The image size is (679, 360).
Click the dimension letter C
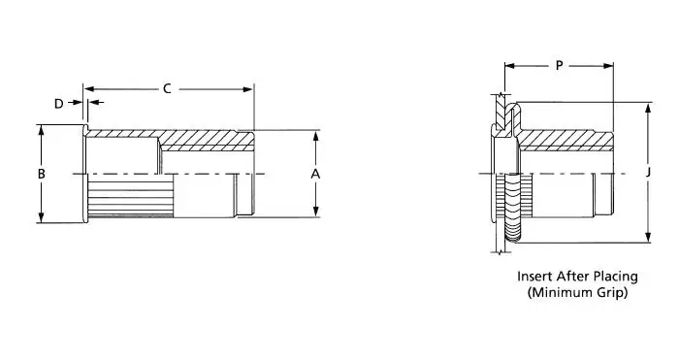pyautogui.click(x=167, y=89)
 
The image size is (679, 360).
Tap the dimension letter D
pyautogui.click(x=58, y=103)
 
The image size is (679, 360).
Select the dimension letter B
pyautogui.click(x=41, y=174)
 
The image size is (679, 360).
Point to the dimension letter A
pyautogui.click(x=315, y=174)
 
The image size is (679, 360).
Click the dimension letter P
pyautogui.click(x=559, y=66)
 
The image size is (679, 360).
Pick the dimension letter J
pyautogui.click(x=647, y=174)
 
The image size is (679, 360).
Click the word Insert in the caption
pyautogui.click(x=536, y=275)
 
